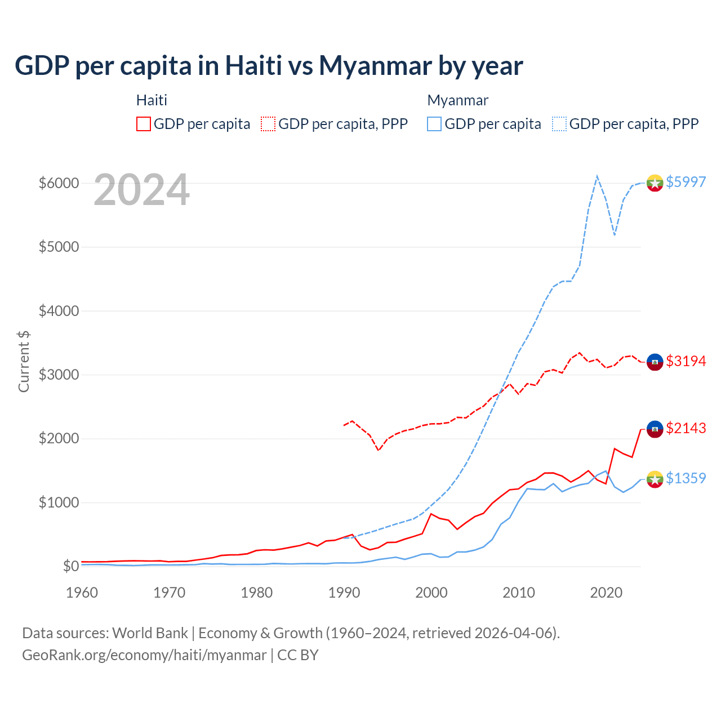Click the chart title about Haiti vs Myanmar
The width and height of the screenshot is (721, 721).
coord(269,65)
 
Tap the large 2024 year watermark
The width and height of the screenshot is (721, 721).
coord(141,190)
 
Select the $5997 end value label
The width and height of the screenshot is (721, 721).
coord(686,182)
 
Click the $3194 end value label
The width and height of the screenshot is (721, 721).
coord(686,361)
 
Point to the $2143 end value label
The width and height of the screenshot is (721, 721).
coord(686,428)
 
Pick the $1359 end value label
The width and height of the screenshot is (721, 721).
coord(686,478)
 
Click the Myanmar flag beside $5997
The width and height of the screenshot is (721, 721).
coord(655,183)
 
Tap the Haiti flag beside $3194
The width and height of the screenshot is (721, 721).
coord(655,362)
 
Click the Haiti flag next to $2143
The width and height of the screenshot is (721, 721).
coord(655,429)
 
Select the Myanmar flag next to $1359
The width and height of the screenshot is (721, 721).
coord(655,479)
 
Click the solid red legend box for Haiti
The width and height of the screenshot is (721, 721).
coord(144,124)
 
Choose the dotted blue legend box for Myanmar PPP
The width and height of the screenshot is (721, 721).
coord(559,124)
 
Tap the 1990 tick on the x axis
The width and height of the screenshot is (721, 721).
coord(344,593)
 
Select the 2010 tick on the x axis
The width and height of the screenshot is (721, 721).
coord(519,593)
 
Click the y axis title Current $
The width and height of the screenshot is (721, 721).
coord(24,362)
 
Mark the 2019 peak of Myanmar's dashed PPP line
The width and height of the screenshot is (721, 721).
coord(597,176)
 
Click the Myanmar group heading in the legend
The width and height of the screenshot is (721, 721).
coord(457,100)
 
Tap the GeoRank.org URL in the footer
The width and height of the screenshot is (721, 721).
coord(144,655)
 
